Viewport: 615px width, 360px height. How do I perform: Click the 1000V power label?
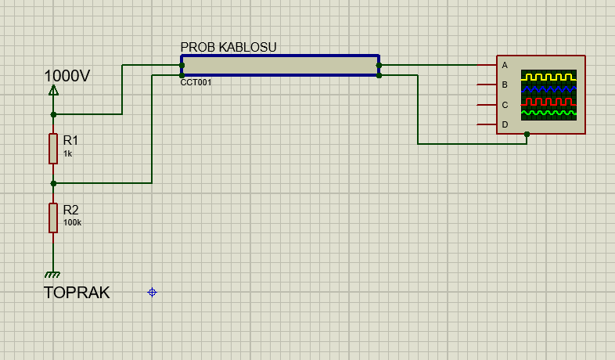pyautogui.click(x=67, y=76)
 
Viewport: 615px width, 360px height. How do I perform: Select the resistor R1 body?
pyautogui.click(x=53, y=148)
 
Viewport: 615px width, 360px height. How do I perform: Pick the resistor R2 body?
pyautogui.click(x=53, y=217)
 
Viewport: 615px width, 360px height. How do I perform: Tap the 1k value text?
pyautogui.click(x=67, y=154)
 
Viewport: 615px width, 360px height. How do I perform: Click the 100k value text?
pyautogui.click(x=72, y=223)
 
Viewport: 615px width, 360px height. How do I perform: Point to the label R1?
pyautogui.click(x=70, y=140)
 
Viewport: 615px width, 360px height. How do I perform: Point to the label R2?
pyautogui.click(x=70, y=210)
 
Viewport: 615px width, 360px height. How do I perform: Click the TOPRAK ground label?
pyautogui.click(x=77, y=293)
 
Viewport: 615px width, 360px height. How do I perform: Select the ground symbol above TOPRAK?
pyautogui.click(x=53, y=274)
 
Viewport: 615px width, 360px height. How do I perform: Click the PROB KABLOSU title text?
pyautogui.click(x=228, y=48)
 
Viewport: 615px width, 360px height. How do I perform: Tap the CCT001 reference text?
pyautogui.click(x=196, y=82)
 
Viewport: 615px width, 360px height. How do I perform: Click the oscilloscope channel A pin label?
pyautogui.click(x=505, y=65)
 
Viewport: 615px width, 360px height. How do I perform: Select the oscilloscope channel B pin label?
pyautogui.click(x=505, y=85)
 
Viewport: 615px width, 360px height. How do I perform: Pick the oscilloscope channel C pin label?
pyautogui.click(x=505, y=105)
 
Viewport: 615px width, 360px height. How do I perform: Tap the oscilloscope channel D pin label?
pyautogui.click(x=505, y=124)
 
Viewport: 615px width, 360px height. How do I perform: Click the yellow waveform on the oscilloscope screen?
pyautogui.click(x=548, y=77)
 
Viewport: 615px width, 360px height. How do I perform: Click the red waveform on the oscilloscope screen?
pyautogui.click(x=548, y=102)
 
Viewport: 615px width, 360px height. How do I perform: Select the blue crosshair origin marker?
pyautogui.click(x=152, y=292)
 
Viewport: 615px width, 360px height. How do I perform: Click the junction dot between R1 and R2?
pyautogui.click(x=53, y=183)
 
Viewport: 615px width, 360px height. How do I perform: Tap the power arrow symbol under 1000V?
pyautogui.click(x=53, y=91)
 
